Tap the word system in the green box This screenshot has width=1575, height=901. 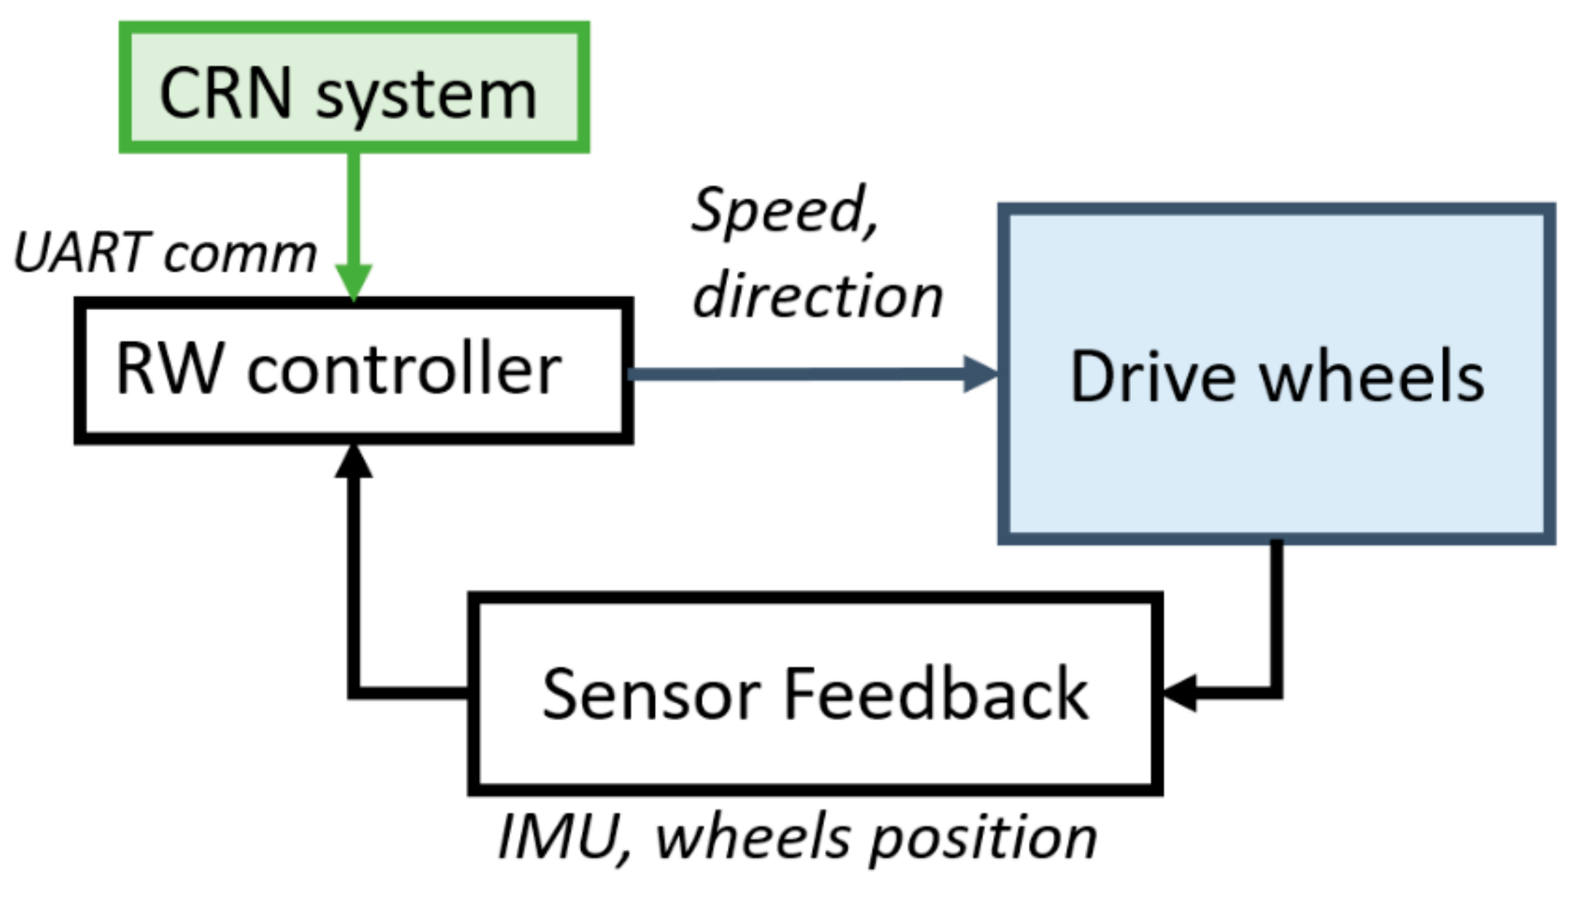(x=427, y=97)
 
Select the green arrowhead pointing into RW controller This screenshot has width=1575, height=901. (x=354, y=281)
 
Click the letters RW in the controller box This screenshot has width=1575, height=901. (x=168, y=370)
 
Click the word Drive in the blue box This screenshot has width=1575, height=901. (x=1152, y=377)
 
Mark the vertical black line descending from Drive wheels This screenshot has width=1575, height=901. (x=1276, y=612)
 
